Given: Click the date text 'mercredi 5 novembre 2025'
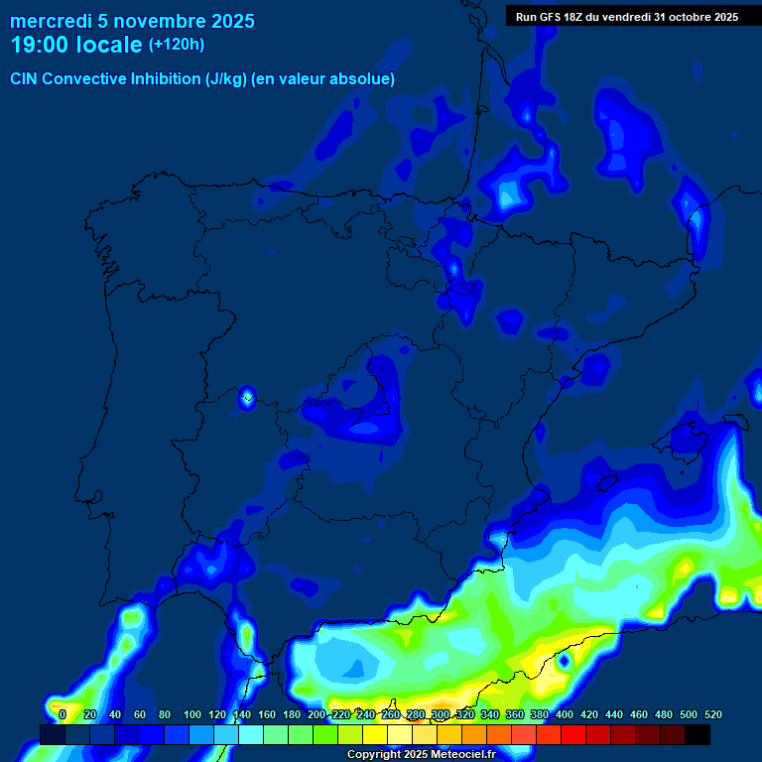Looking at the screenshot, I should (132, 21).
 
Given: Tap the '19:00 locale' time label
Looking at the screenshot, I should (76, 45).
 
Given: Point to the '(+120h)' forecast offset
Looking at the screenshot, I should (177, 45).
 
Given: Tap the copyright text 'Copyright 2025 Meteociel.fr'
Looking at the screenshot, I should (421, 754).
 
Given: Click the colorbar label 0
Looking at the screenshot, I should (63, 714).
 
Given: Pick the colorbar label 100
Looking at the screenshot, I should (191, 714).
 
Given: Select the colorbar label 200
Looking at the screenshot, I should (316, 714).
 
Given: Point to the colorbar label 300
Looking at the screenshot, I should (440, 714).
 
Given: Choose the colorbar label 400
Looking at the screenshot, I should (564, 714).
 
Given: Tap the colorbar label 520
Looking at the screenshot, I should (712, 714).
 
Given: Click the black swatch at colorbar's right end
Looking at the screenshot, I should (698, 734).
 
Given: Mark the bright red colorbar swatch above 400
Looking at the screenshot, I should (573, 734).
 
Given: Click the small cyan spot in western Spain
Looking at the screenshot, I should (247, 399).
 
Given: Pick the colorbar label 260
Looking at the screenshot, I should (390, 714).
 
